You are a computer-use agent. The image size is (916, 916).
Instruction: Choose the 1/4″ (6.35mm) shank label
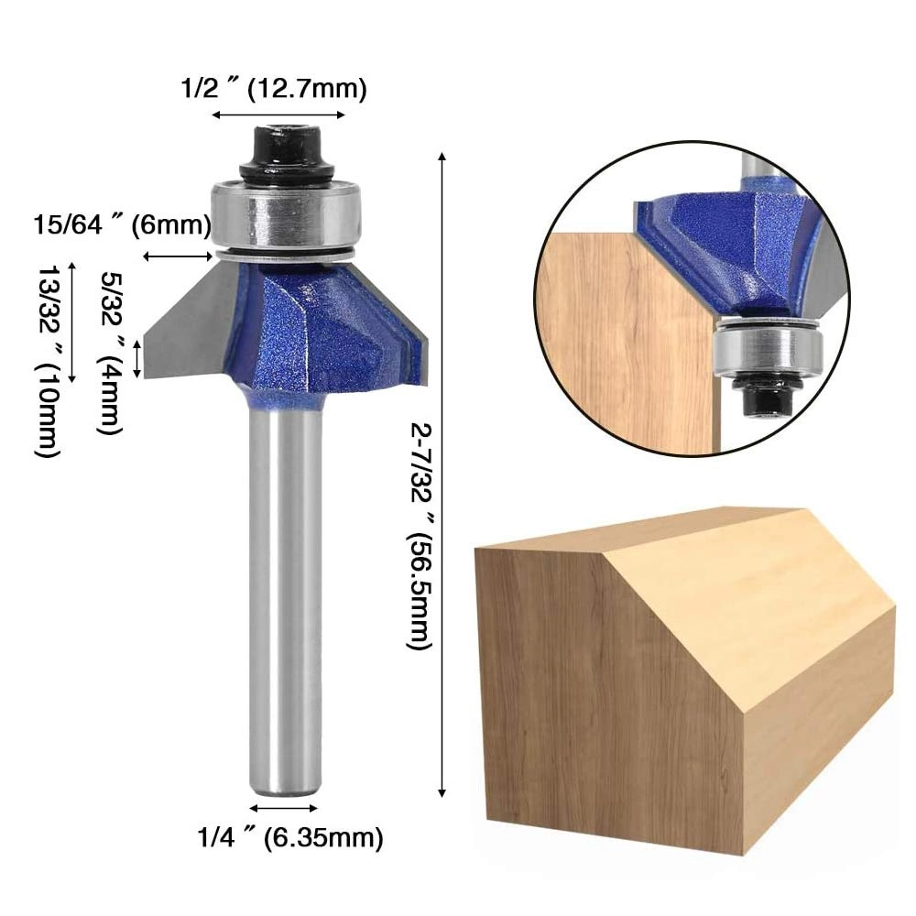(289, 836)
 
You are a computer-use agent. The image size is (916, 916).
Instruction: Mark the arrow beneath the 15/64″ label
(180, 257)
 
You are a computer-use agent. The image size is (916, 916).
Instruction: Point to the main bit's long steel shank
(285, 595)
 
